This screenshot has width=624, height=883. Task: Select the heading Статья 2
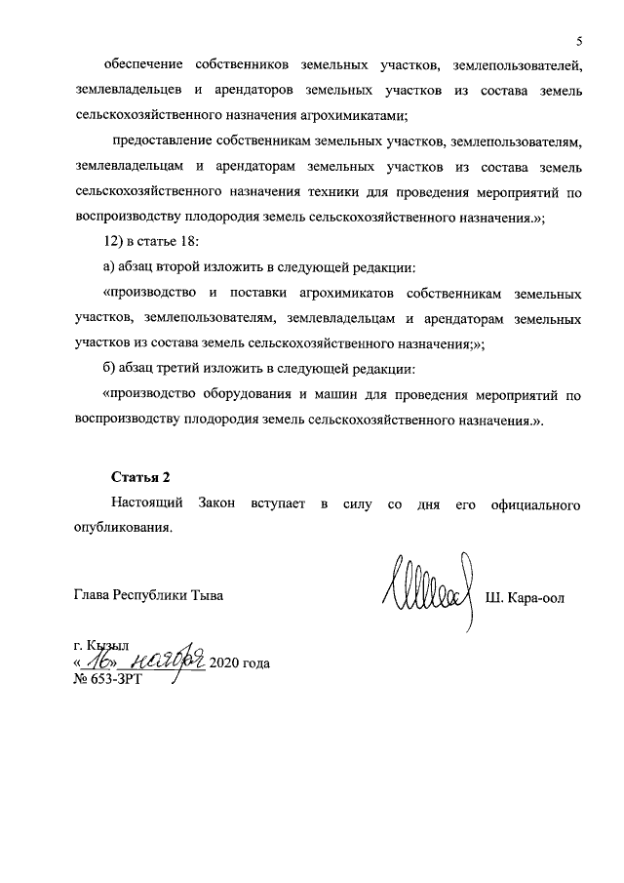coord(140,476)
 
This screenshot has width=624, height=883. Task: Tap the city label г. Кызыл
coord(101,645)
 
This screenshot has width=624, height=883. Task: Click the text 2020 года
coord(239,663)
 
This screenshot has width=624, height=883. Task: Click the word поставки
coord(252,293)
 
